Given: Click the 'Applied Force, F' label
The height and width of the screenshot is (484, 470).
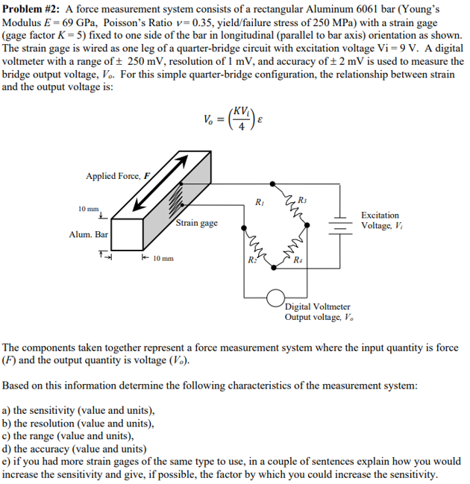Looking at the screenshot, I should coord(118,176).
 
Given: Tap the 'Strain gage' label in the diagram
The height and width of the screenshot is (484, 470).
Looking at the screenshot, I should coord(197,223).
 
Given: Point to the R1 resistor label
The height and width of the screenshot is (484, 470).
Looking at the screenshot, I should coord(259,201).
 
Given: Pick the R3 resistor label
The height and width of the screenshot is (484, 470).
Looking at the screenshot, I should coord(301,198).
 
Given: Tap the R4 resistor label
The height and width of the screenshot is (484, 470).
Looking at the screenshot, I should coord(298,260).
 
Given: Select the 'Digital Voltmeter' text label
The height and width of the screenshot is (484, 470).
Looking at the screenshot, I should coord(316,307).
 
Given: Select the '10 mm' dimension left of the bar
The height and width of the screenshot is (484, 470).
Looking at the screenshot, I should coord(90,210).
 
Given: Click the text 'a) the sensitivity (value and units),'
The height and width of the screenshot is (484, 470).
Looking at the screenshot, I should coord(79,410).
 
